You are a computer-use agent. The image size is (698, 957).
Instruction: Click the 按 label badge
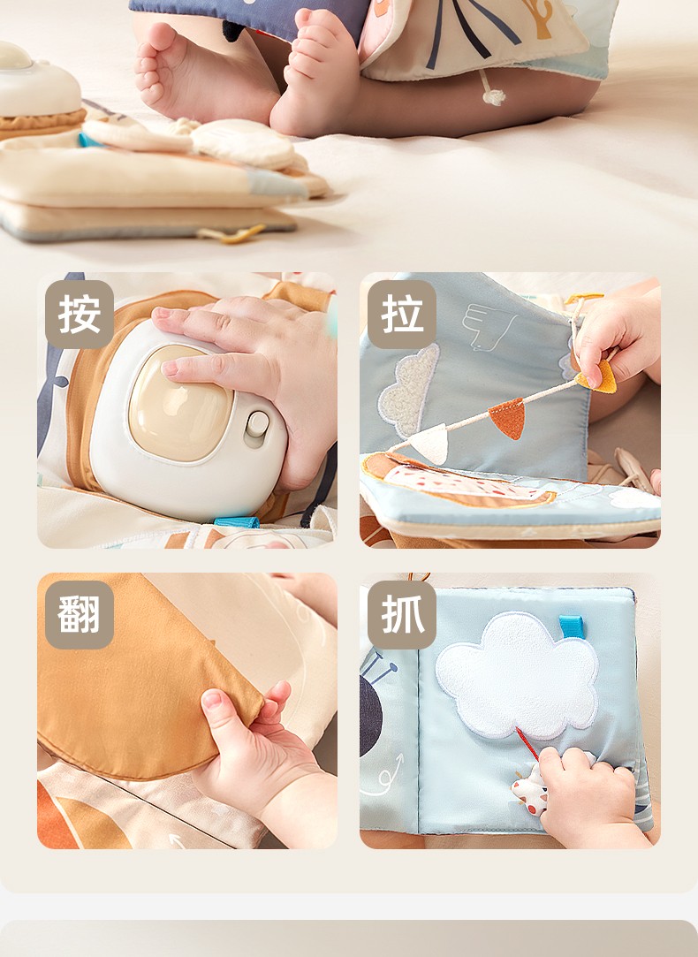pos(80,315)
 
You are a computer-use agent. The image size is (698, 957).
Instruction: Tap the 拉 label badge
pos(401,315)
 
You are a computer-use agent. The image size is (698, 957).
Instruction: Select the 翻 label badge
pos(80,615)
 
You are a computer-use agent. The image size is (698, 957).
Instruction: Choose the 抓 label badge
pos(401,615)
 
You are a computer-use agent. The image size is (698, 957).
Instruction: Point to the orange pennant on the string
pos(508,418)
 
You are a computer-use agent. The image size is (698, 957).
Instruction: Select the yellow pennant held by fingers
pos(596,376)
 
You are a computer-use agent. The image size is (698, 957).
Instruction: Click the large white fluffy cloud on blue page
pos(517,676)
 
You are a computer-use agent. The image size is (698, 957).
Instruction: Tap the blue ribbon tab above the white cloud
pos(572,627)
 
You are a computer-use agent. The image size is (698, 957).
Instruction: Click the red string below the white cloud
pos(527,743)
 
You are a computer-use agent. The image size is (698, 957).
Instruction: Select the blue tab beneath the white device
pos(236,522)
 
